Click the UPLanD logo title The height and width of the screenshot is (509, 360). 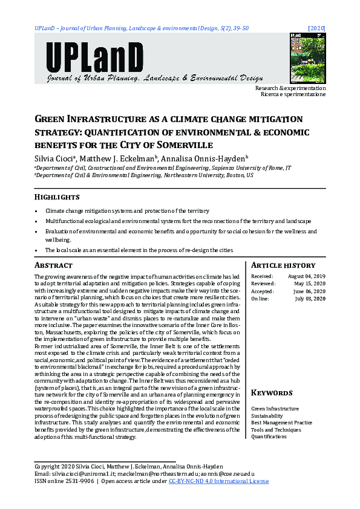point(94,57)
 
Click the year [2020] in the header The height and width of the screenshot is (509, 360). point(316,28)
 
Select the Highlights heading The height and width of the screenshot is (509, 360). point(57,198)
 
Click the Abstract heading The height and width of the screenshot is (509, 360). point(53,265)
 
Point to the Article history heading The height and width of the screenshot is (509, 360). point(283,265)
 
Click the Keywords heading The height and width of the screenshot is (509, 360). point(272,393)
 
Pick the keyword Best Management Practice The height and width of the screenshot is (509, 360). point(281,423)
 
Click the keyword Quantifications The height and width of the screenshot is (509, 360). point(269,436)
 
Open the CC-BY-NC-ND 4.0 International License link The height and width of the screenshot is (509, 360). point(218,481)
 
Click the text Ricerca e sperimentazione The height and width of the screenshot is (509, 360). point(293,95)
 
